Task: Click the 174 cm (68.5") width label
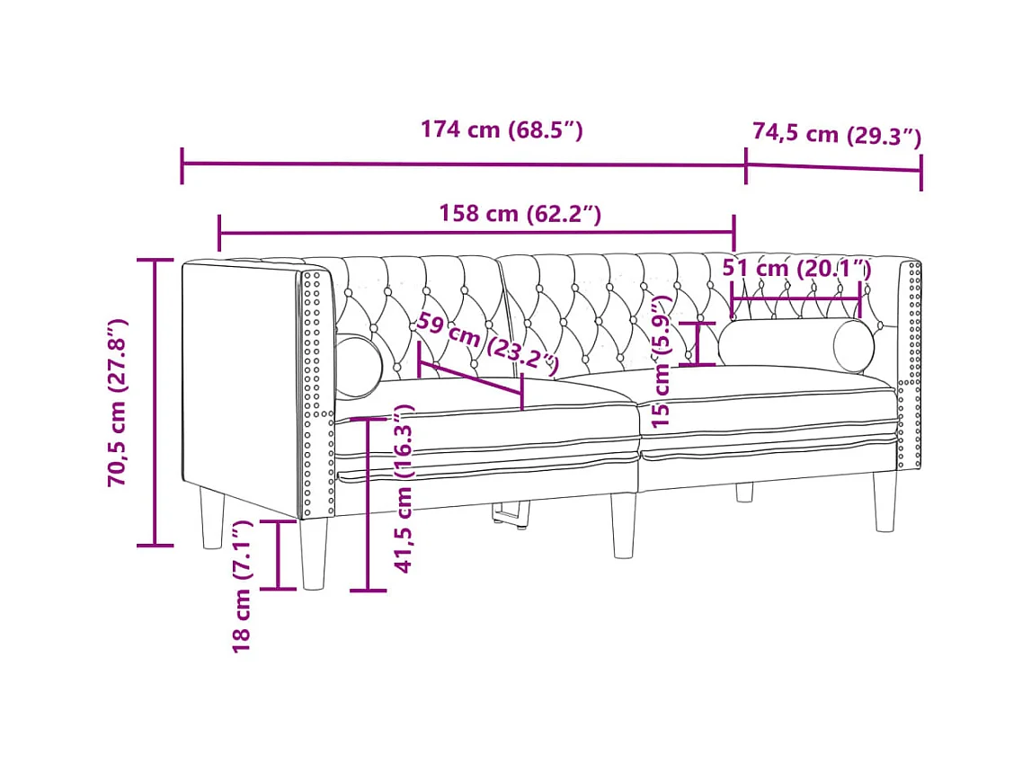[x=502, y=130]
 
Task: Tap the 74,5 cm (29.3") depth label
[x=836, y=135]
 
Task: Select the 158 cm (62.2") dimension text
[x=520, y=214]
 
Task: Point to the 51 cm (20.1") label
[x=796, y=268]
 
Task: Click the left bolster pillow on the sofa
[x=358, y=365]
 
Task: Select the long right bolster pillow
[x=795, y=343]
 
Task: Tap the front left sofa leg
[x=314, y=554]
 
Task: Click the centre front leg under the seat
[x=624, y=525]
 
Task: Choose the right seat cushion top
[x=773, y=385]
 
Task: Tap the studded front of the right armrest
[x=909, y=364]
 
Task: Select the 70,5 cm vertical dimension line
[x=156, y=402]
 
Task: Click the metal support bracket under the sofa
[x=511, y=514]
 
